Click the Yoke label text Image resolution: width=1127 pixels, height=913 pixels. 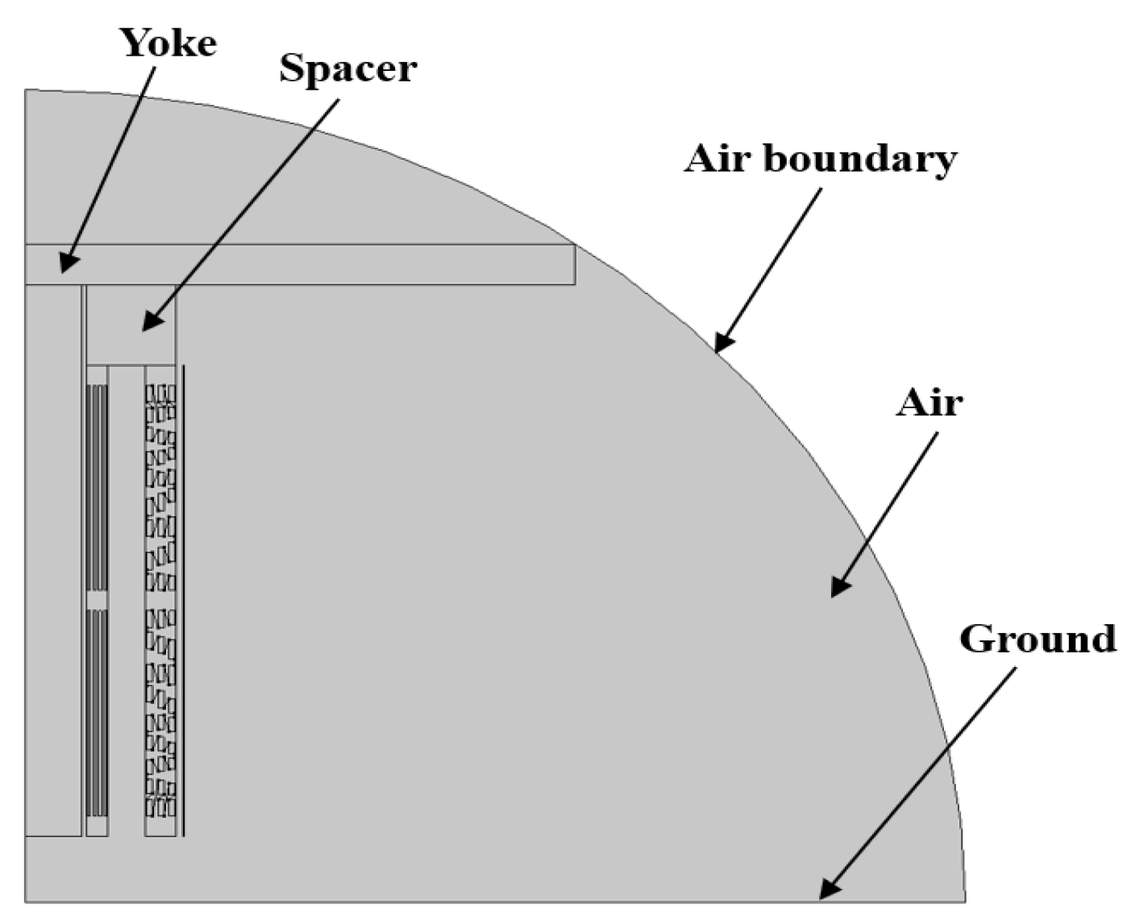[168, 44]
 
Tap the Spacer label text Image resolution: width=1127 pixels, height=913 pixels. [347, 69]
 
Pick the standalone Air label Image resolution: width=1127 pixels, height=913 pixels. [929, 403]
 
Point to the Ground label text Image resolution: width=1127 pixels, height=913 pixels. [1038, 640]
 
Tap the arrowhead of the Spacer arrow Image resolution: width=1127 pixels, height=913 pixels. [148, 326]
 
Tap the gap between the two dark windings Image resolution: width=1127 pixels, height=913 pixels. [97, 601]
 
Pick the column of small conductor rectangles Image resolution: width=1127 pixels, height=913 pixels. [160, 600]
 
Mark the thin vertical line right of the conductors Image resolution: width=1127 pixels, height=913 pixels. [184, 600]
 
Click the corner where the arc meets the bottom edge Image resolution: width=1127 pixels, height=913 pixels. [964, 900]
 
